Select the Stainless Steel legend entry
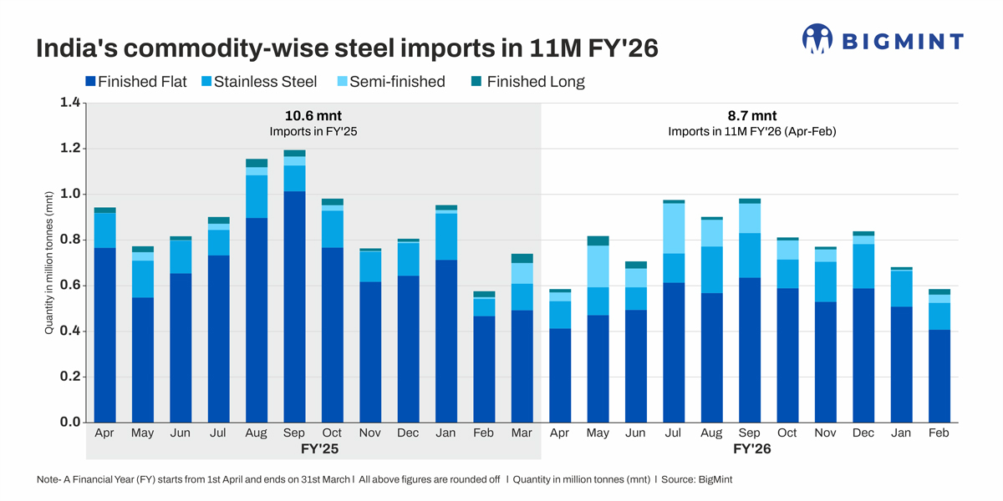[x=258, y=82]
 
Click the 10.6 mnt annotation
[x=313, y=116]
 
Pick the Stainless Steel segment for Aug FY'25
[x=256, y=197]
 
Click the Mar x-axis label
[x=522, y=433]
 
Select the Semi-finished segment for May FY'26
[x=597, y=266]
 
